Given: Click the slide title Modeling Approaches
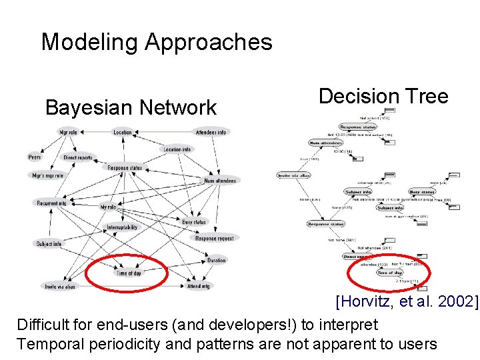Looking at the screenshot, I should click(157, 42).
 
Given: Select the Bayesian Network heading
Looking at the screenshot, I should click(131, 107).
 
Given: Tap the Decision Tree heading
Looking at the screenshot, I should click(383, 96).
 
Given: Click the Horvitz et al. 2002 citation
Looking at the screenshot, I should click(407, 302).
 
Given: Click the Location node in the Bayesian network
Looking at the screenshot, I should click(123, 133).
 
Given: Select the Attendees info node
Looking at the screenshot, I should click(211, 133).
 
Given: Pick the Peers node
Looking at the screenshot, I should click(35, 157).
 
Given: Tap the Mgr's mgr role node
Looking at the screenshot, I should click(47, 175).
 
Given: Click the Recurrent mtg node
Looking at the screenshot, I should click(51, 203).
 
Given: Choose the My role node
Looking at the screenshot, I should click(108, 207).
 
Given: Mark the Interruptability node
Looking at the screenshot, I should click(122, 227).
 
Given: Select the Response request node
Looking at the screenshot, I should click(215, 238).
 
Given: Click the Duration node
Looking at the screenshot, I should click(216, 260).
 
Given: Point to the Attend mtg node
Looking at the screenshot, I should click(198, 286).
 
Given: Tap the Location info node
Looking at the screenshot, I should click(177, 149).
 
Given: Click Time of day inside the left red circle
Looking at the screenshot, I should click(129, 273).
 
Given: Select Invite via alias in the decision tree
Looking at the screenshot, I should click(294, 175).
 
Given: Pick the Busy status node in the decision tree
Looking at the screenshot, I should click(421, 192).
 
